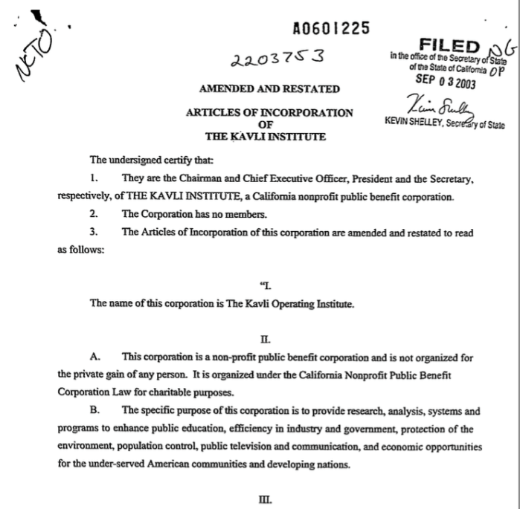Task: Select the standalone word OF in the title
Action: point(269,125)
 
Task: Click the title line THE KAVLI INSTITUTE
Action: point(269,137)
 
